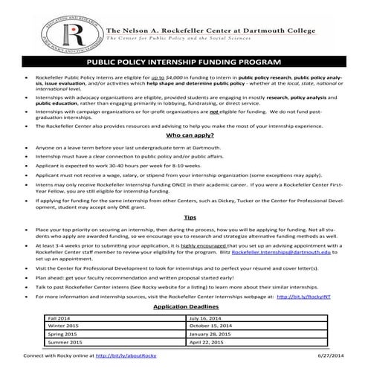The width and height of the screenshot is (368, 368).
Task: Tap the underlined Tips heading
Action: pos(184,218)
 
